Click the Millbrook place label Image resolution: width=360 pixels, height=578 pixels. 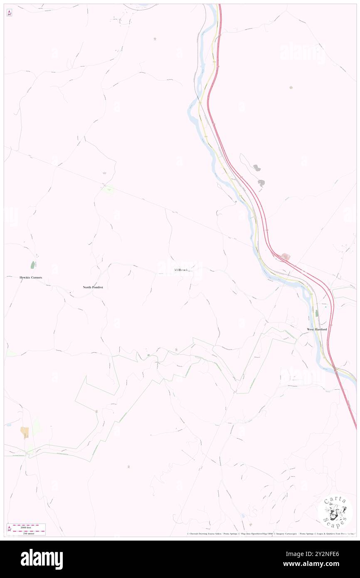[182, 270]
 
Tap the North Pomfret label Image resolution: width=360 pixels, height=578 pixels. [93, 287]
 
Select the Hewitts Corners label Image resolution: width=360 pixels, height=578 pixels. [31, 277]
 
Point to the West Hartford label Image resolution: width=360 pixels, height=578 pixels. [317, 329]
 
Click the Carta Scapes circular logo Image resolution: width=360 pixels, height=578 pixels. [335, 512]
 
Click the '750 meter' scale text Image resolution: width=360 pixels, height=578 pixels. [26, 533]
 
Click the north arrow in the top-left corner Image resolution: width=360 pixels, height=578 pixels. [9, 13]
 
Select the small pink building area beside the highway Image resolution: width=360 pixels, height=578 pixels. [286, 257]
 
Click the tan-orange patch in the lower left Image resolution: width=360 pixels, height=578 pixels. [25, 432]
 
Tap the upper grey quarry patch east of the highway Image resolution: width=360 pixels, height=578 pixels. [257, 168]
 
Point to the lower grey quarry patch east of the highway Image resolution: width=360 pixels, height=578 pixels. [261, 183]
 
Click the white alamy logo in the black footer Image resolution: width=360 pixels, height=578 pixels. [42, 559]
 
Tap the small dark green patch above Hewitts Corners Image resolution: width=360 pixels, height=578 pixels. [32, 264]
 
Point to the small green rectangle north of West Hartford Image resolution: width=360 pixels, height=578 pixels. [316, 313]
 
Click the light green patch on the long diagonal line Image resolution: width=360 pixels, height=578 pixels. [109, 190]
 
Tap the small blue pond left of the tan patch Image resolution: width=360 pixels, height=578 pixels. [8, 425]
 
